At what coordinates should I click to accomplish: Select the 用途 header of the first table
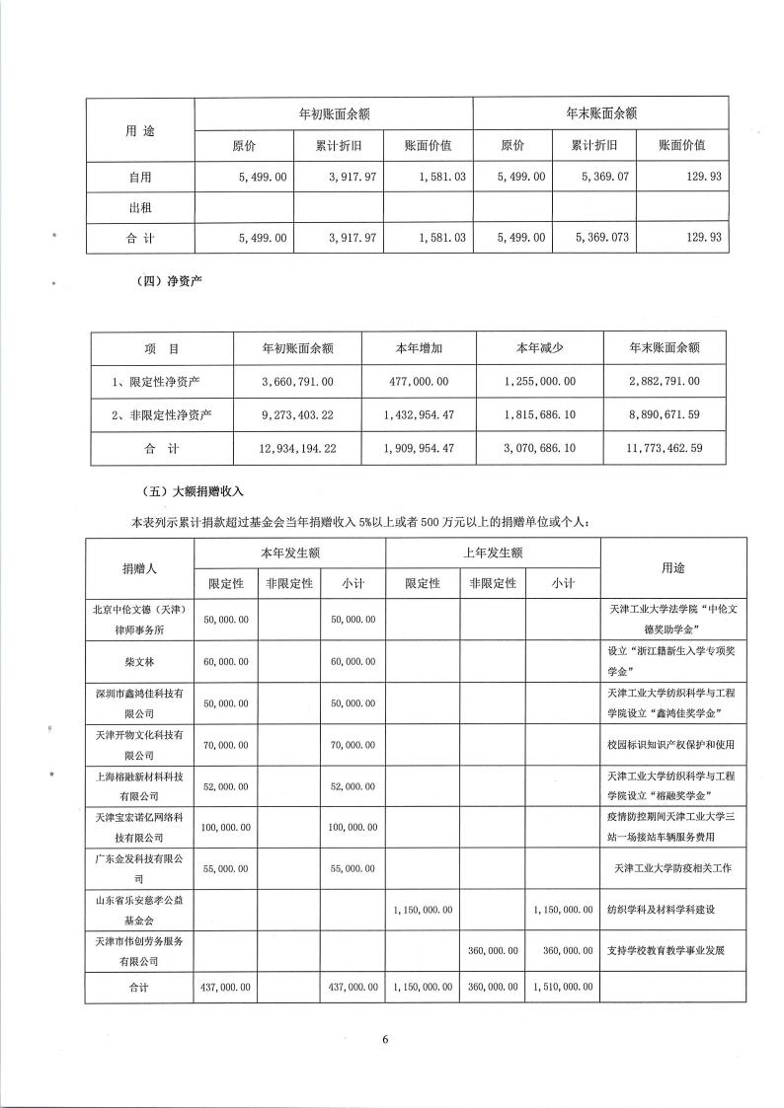[x=139, y=129]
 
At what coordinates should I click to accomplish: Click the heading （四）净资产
[x=163, y=284]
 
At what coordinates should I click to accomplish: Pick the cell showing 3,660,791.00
[x=297, y=381]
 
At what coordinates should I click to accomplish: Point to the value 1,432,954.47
[x=420, y=414]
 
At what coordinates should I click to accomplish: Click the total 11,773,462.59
[x=664, y=448]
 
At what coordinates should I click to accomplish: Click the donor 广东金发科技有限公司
[x=139, y=868]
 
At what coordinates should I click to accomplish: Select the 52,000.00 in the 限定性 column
[x=226, y=784]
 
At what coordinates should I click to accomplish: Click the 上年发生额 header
[x=492, y=554]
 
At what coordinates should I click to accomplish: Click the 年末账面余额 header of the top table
[x=600, y=113]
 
